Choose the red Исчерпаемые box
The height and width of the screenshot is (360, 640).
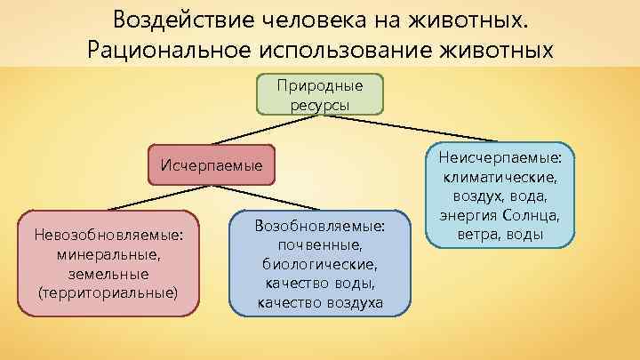(212, 164)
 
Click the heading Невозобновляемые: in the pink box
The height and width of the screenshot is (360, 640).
(108, 236)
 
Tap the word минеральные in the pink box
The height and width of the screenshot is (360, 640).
(108, 254)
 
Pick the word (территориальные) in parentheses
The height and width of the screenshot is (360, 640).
(108, 292)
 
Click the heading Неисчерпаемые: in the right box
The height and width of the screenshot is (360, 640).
(504, 156)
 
